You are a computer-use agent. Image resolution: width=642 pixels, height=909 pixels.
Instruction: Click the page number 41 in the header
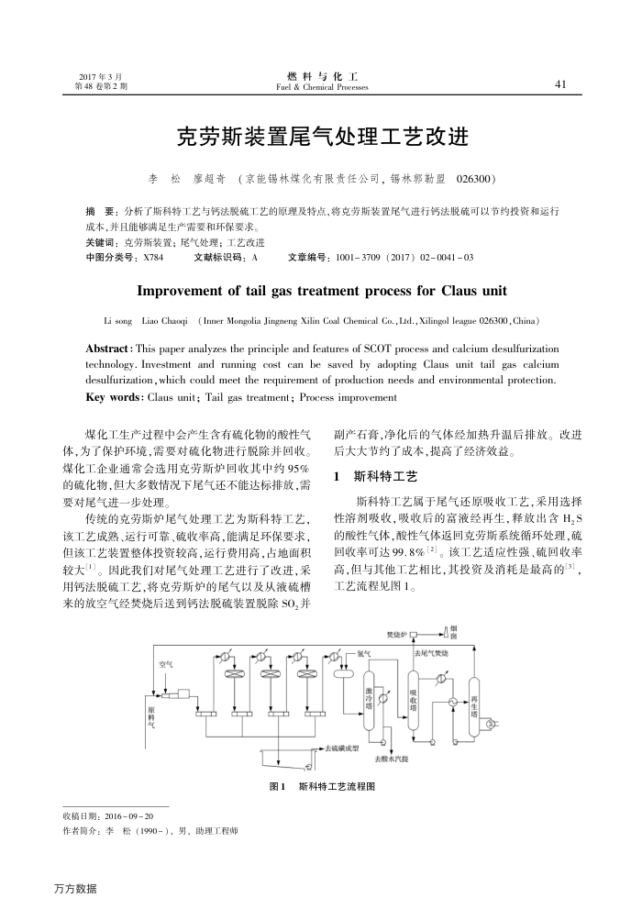[560, 84]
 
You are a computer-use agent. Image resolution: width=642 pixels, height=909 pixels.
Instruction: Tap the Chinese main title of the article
[322, 138]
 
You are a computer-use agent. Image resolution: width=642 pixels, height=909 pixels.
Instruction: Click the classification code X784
[148, 259]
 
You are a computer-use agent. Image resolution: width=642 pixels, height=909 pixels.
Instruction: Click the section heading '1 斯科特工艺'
[377, 478]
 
